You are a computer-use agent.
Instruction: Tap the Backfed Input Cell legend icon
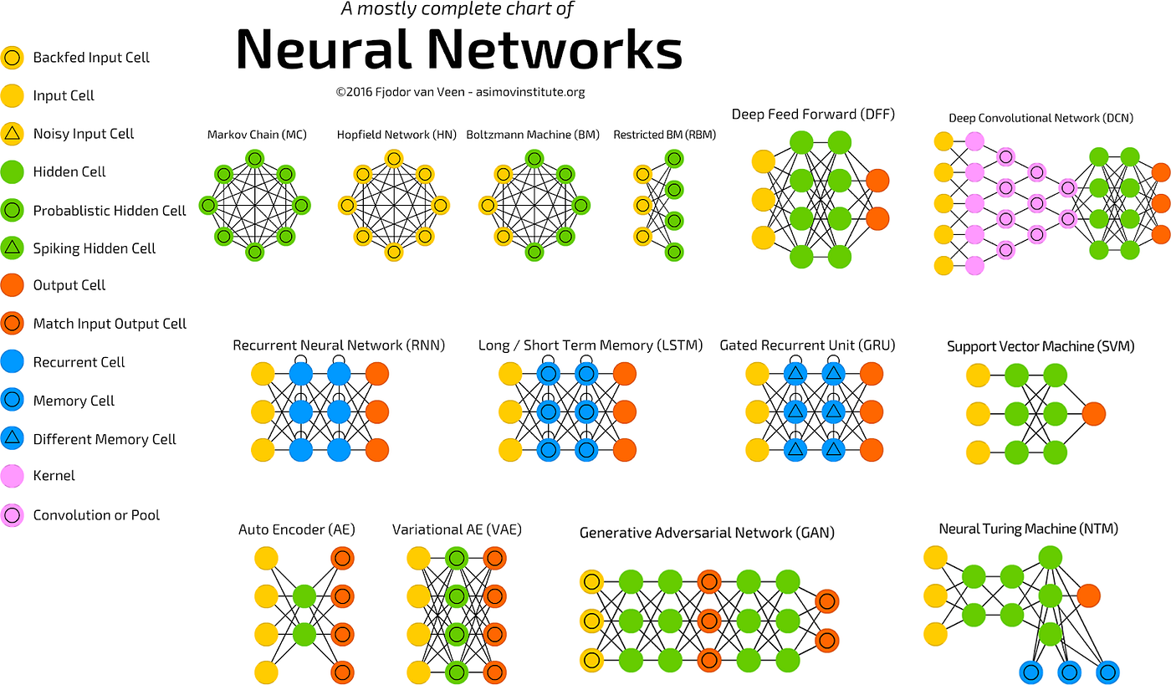tap(13, 58)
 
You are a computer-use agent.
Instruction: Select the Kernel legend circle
tap(13, 476)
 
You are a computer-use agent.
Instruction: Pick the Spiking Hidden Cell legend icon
tap(13, 248)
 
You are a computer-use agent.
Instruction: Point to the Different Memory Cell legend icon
tap(13, 438)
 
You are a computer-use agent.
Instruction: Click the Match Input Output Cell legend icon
tap(13, 324)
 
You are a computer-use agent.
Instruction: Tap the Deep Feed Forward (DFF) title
tap(813, 115)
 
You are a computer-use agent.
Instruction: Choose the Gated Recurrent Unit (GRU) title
tap(807, 345)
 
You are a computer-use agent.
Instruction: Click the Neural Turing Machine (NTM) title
tap(1028, 529)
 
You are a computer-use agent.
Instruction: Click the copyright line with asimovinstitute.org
tap(459, 93)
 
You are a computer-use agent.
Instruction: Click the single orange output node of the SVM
tap(1092, 413)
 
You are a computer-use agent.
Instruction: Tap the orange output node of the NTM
tap(1088, 596)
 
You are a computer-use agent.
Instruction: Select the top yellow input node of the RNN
tap(263, 374)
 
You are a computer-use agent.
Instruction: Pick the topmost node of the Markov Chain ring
tap(255, 159)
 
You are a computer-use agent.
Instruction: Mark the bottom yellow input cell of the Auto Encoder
tap(266, 672)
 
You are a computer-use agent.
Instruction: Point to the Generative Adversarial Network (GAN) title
tap(707, 533)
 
